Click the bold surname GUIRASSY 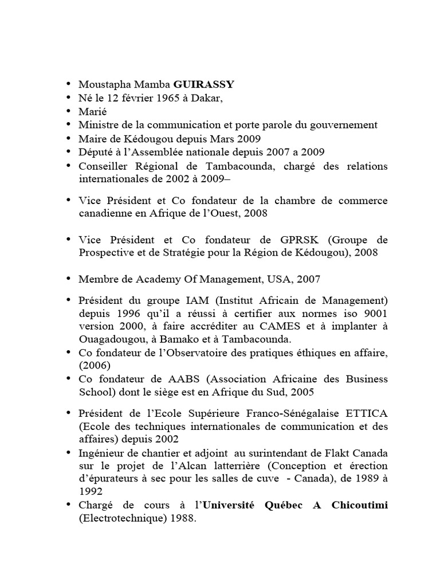(199, 84)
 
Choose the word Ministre (99, 124)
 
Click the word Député (95, 152)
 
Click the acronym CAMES (291, 327)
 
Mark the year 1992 (91, 491)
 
